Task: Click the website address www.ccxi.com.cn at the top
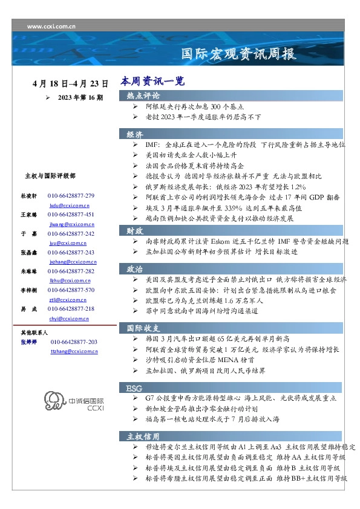pos(51,27)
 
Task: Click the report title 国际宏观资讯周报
pos(239,54)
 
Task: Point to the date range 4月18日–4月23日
pos(71,83)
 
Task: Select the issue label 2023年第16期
pos(80,97)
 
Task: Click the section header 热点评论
pos(143,96)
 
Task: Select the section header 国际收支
pos(143,328)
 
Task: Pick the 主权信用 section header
pos(143,436)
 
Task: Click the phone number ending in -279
pos(71,196)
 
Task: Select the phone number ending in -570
pos(71,290)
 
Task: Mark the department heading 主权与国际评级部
pos(50,176)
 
